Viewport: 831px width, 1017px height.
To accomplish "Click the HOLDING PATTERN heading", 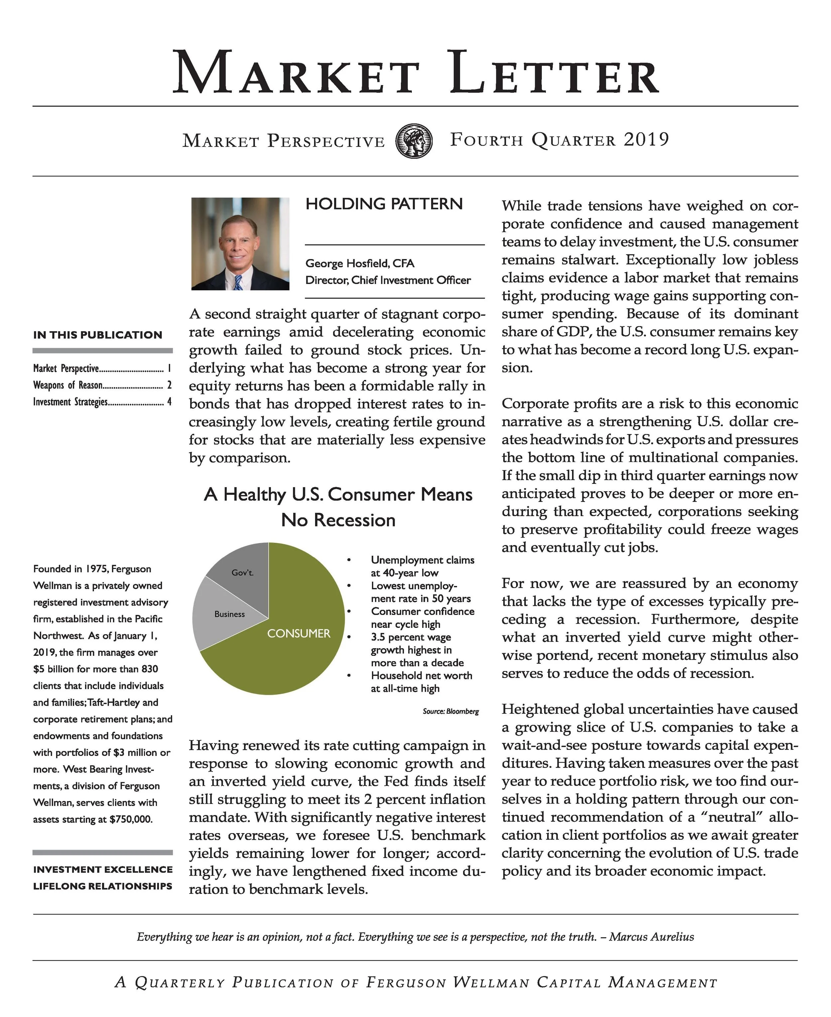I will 384,204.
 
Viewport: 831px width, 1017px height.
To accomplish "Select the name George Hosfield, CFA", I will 360,263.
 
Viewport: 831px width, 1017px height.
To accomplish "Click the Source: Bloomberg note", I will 450,711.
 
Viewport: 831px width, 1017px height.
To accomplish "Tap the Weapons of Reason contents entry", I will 67,385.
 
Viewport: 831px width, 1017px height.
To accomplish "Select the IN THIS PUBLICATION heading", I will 98,335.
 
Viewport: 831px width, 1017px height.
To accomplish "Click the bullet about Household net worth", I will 421,682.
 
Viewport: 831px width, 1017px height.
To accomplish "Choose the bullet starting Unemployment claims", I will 422,566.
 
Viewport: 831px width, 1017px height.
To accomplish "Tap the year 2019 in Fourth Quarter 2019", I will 646,140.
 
